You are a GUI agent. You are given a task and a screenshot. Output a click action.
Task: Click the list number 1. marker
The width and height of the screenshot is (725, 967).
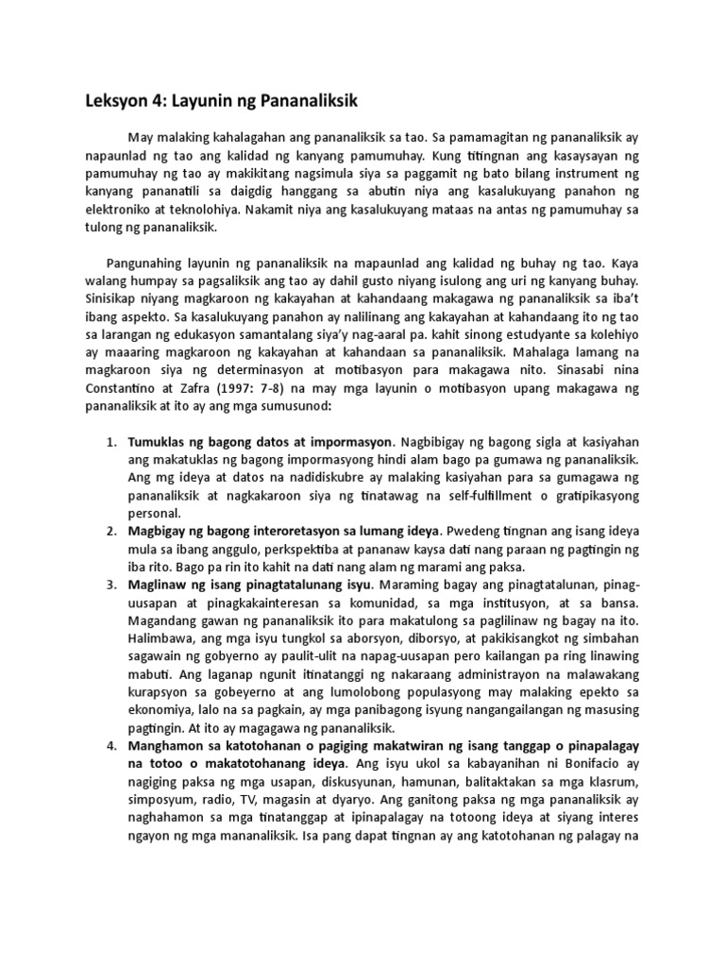(110, 441)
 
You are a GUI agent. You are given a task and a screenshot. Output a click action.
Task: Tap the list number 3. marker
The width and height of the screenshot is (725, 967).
(110, 585)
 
